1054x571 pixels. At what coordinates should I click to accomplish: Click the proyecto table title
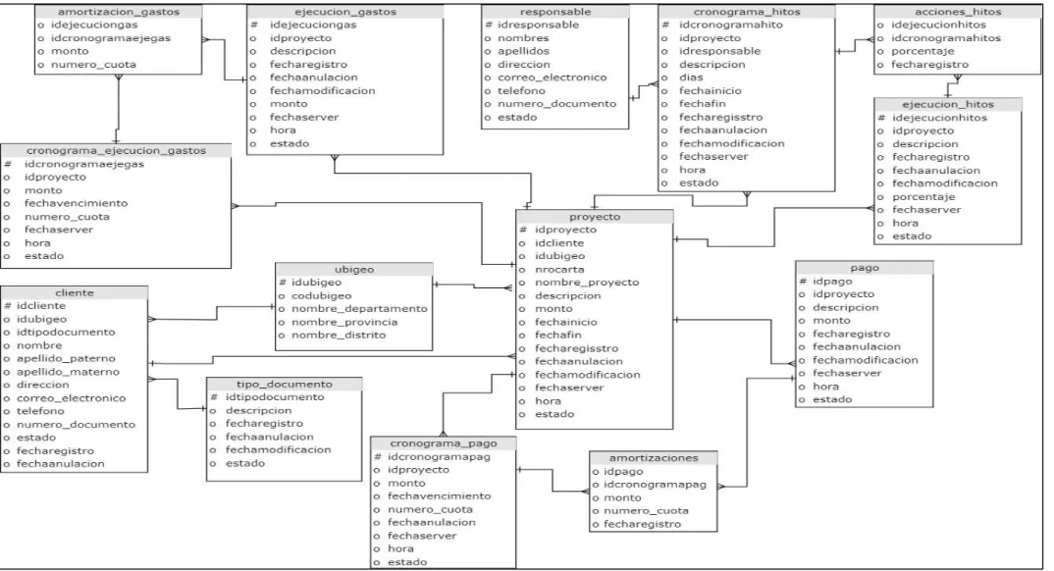[595, 217]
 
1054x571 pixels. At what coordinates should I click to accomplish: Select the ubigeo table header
[354, 270]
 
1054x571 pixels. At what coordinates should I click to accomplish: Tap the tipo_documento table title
[285, 385]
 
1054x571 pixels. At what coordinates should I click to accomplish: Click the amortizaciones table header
[654, 458]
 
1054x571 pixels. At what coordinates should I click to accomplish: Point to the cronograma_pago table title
[444, 443]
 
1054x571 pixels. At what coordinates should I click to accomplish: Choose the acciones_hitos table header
[958, 12]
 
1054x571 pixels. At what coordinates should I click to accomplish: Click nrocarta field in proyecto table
[559, 270]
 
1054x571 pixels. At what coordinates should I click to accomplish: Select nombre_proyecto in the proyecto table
[587, 283]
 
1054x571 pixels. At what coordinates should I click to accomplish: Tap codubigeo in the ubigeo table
[321, 295]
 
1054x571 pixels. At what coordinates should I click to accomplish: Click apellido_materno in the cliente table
[68, 372]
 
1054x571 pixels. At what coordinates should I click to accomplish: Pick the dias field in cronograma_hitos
[691, 78]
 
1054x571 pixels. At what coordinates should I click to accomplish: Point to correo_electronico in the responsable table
[552, 78]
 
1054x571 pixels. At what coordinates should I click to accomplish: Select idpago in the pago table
[832, 282]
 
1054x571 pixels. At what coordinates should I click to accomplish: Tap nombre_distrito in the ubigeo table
[339, 336]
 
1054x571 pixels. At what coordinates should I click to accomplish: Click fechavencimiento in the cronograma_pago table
[440, 495]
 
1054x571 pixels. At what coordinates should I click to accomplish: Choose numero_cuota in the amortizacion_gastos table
[93, 65]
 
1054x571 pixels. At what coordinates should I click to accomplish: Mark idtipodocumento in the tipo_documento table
[274, 397]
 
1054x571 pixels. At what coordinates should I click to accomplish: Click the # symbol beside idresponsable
[489, 25]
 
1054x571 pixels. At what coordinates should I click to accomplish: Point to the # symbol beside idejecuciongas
[254, 25]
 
